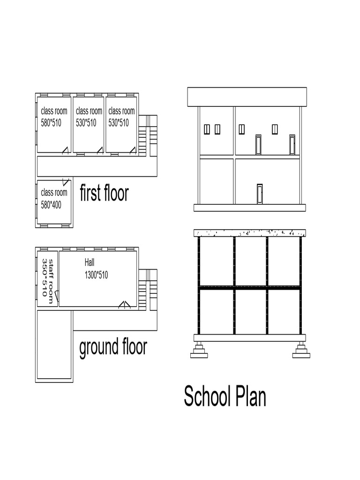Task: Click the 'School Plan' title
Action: click(x=225, y=397)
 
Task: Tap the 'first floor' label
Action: click(x=104, y=193)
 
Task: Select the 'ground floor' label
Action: click(x=113, y=347)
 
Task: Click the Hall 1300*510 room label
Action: click(x=96, y=269)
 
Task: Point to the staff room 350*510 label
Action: click(x=48, y=277)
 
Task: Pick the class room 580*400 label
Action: click(x=54, y=198)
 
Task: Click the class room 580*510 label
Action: click(x=54, y=117)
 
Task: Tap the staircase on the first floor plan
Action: click(x=148, y=135)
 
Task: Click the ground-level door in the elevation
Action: click(x=260, y=194)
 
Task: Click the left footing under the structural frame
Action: click(x=199, y=350)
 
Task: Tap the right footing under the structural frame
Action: click(x=301, y=350)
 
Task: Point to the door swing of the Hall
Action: click(x=124, y=305)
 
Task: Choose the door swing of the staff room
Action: click(x=56, y=296)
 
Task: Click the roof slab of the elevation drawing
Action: click(x=247, y=97)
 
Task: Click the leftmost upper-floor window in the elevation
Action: click(x=207, y=129)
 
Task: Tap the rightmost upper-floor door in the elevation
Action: click(x=292, y=144)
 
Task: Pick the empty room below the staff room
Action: click(x=54, y=345)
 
